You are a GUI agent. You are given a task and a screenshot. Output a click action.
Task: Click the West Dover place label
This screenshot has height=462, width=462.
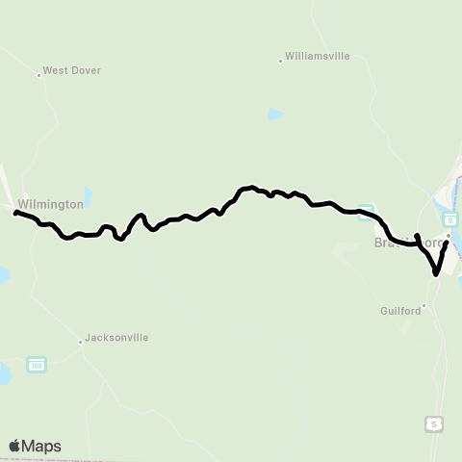[x=72, y=71]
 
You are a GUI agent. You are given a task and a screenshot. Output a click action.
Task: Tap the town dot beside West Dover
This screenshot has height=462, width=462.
[x=39, y=73]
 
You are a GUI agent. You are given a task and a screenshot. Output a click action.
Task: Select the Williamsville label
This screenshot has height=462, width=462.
[x=318, y=58]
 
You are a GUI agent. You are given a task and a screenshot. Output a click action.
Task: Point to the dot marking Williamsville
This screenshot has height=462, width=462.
[x=280, y=60]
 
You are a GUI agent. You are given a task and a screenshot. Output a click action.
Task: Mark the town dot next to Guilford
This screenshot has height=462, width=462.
[x=423, y=307]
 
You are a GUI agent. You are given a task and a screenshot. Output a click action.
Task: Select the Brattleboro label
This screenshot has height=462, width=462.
[x=404, y=244]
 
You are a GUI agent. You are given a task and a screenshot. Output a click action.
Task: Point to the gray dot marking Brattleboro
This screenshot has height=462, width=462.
[x=448, y=235]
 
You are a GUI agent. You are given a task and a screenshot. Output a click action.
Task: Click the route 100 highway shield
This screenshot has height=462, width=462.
[x=37, y=365]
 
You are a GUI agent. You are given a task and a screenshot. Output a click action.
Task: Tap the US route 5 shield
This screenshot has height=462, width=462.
[x=436, y=423]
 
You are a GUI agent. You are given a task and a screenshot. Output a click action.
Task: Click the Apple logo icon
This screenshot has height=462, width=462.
[x=15, y=446]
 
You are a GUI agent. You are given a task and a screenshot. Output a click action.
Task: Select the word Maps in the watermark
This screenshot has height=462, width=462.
[x=42, y=446]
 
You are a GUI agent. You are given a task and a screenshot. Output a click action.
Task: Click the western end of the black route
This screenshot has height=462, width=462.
[x=16, y=213]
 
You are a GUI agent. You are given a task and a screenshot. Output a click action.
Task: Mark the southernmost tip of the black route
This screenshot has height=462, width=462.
[x=437, y=274]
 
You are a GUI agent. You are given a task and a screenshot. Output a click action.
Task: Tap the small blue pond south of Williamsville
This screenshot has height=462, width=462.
[x=276, y=114]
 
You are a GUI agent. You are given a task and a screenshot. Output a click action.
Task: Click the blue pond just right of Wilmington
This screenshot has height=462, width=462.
[x=89, y=195]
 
